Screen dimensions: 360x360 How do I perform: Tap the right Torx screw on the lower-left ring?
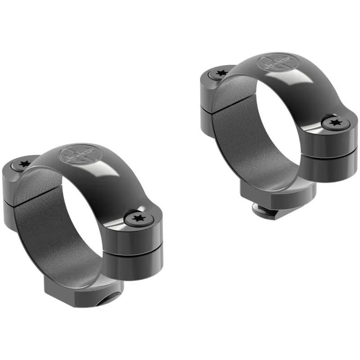[x=137, y=219]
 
